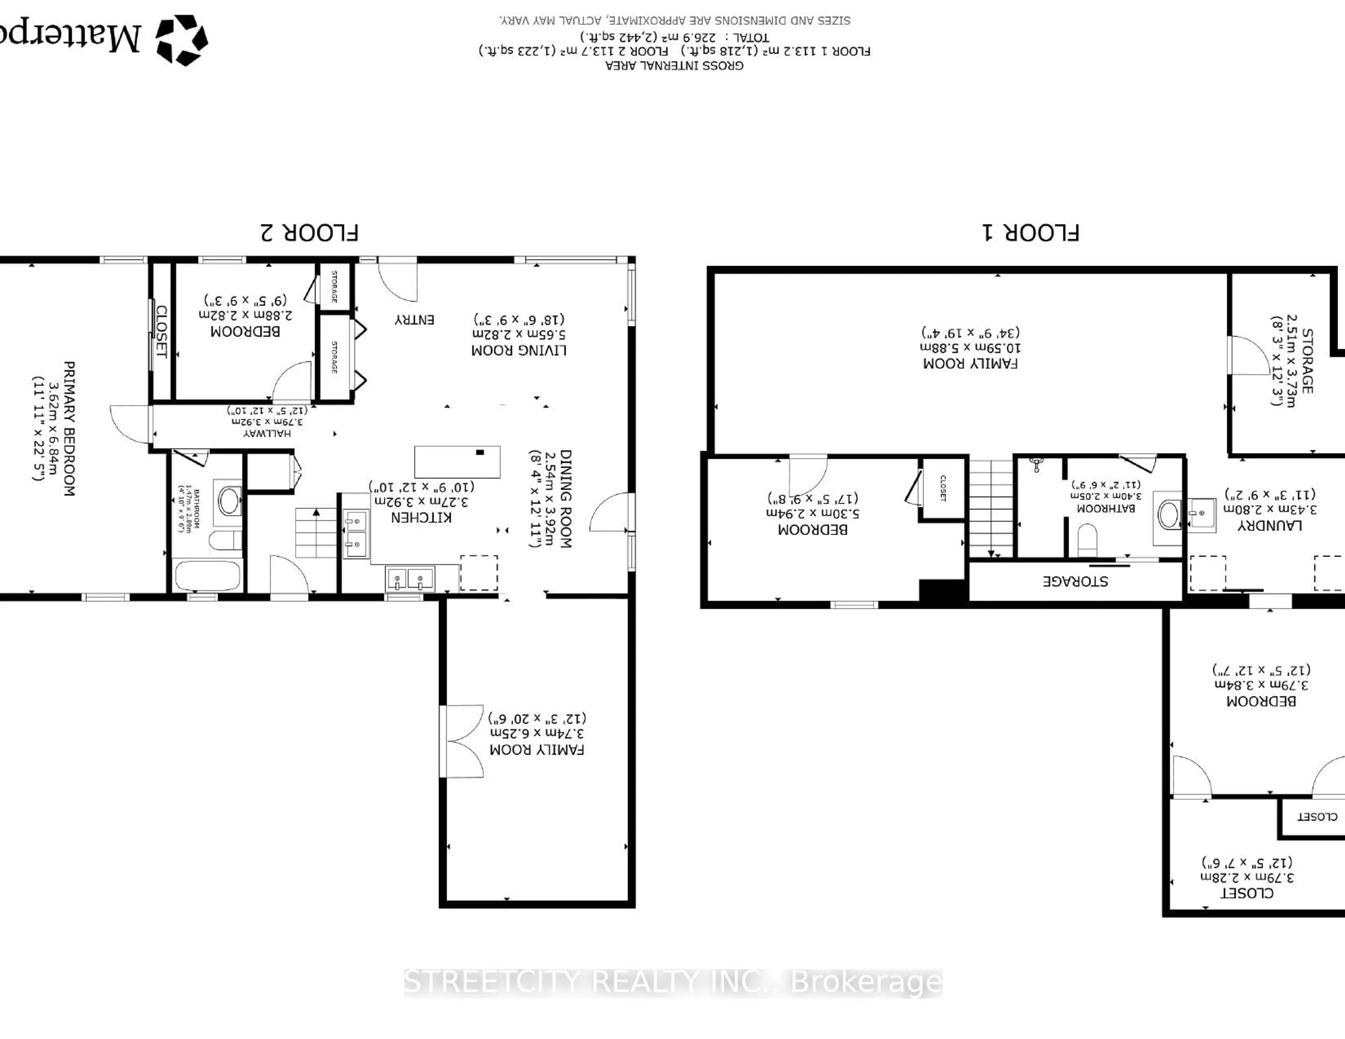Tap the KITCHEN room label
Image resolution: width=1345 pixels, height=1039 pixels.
[x=421, y=517]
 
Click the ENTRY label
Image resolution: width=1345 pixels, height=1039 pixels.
[x=414, y=320]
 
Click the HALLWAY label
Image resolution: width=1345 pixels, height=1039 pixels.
[x=267, y=433]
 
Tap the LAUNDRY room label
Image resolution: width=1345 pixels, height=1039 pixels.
[x=1269, y=525]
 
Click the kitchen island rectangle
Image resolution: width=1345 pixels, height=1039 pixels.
[x=457, y=462]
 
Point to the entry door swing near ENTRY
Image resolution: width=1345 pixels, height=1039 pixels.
[x=398, y=280]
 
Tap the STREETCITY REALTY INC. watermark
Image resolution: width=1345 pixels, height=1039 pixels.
[x=672, y=982]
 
